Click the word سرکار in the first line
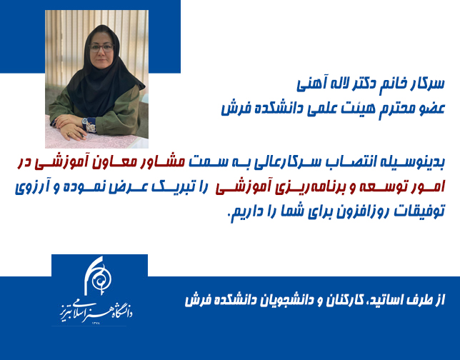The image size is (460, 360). [x=428, y=84]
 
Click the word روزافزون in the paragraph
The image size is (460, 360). [x=355, y=211]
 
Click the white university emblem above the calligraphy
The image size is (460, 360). [x=98, y=276]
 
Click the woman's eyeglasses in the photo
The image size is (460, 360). [x=101, y=48]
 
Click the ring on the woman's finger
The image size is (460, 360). [x=69, y=134]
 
